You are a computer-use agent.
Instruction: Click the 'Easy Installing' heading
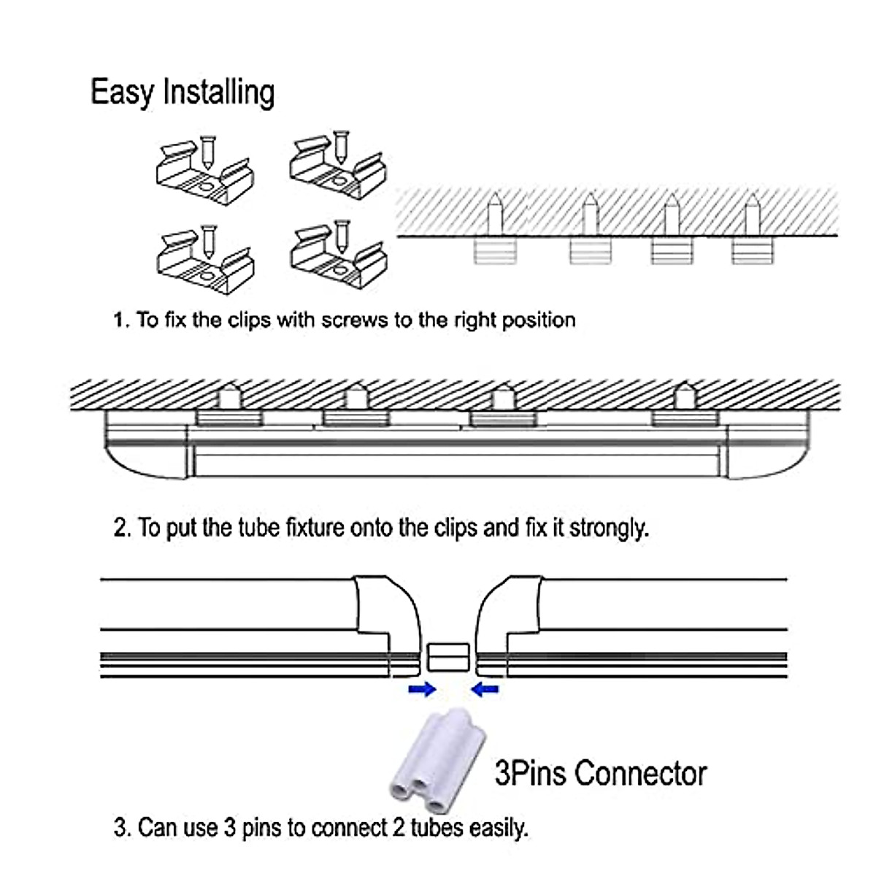[182, 93]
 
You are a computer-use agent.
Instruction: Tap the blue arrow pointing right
[422, 689]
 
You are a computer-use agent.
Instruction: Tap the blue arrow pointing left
[485, 689]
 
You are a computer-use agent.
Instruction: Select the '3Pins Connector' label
[601, 773]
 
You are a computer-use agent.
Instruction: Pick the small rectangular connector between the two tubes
[448, 656]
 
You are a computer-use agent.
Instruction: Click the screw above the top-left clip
[208, 152]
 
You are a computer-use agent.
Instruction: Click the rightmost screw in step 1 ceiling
[753, 215]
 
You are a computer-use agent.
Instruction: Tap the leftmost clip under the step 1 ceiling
[495, 251]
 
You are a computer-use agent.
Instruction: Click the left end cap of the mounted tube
[147, 444]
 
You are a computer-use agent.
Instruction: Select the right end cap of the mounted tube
[767, 444]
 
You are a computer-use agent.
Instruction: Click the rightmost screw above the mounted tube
[685, 396]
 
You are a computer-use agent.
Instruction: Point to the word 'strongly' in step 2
[609, 529]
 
